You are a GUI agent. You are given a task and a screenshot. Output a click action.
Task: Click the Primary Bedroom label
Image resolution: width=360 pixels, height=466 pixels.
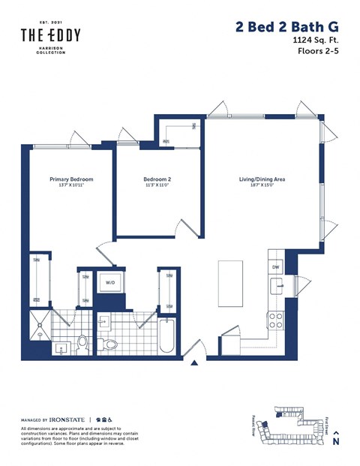click(71, 179)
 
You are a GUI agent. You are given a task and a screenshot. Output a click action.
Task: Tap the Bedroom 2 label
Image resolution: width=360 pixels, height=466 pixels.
click(157, 179)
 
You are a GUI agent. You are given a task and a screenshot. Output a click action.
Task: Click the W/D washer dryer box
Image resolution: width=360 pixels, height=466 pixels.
click(110, 283)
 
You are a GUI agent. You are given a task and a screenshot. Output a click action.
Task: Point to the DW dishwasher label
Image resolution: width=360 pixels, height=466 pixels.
click(276, 267)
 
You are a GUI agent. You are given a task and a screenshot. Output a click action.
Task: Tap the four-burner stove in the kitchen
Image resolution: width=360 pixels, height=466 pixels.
click(276, 317)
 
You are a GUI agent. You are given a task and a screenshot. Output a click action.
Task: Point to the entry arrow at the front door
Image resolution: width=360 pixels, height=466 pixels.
click(195, 364)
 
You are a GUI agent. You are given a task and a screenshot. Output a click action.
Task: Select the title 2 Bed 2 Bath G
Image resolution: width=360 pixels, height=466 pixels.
click(286, 27)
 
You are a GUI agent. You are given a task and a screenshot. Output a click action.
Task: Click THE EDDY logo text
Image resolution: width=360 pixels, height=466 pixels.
click(50, 35)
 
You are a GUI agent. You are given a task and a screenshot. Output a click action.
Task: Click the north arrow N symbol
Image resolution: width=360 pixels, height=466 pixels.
click(336, 439)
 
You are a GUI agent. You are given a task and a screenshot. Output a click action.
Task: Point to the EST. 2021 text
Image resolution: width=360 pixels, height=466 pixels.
click(50, 20)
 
